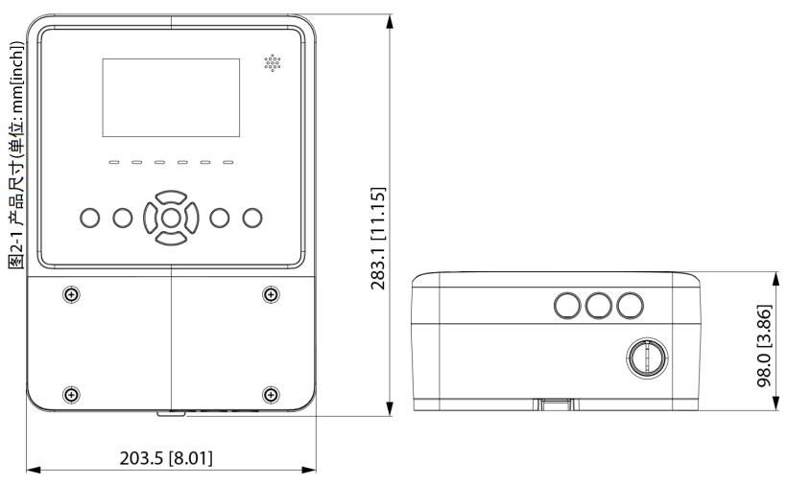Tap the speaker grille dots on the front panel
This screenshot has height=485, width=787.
coord(273,63)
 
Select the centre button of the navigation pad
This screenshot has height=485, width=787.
coord(171,218)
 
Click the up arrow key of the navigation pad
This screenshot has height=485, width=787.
coord(171,196)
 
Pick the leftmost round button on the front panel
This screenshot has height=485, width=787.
coord(90,218)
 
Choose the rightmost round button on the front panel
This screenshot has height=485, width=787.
coord(252,218)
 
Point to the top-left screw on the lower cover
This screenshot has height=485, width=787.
coord(71,294)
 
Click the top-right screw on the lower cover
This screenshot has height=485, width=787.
coord(271,294)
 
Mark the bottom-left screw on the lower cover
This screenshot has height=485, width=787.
coord(71,395)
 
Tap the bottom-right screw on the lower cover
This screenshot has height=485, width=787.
coord(271,395)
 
